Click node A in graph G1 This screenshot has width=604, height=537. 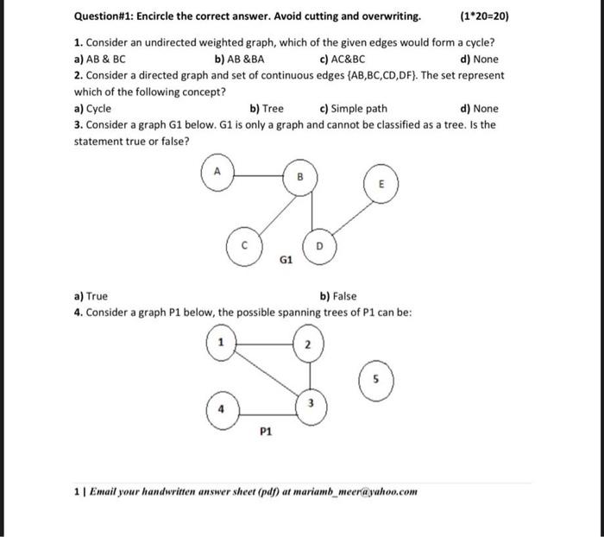coord(218,173)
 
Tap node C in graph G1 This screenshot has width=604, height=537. coord(243,244)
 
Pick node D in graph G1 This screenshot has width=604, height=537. coord(318,245)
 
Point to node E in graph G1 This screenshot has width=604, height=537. coord(381,183)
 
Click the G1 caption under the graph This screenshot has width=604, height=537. coord(287,258)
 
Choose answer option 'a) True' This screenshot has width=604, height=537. coord(91,296)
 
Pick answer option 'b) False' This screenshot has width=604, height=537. coord(337,296)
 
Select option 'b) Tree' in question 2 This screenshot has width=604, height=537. coord(266,109)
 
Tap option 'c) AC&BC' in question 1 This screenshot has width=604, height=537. coord(342,60)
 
